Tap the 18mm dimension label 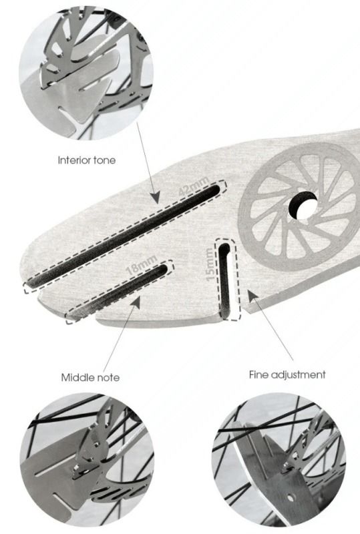(x=141, y=264)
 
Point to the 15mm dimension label (x=210, y=264)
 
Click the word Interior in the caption (x=73, y=160)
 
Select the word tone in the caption (x=103, y=160)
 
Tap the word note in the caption (x=107, y=378)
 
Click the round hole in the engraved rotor (x=303, y=206)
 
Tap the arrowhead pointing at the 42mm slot (x=155, y=197)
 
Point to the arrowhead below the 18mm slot (x=135, y=302)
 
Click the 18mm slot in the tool (x=119, y=290)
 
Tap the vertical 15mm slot (x=224, y=280)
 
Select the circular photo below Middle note (x=87, y=459)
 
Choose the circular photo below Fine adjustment (x=279, y=459)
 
